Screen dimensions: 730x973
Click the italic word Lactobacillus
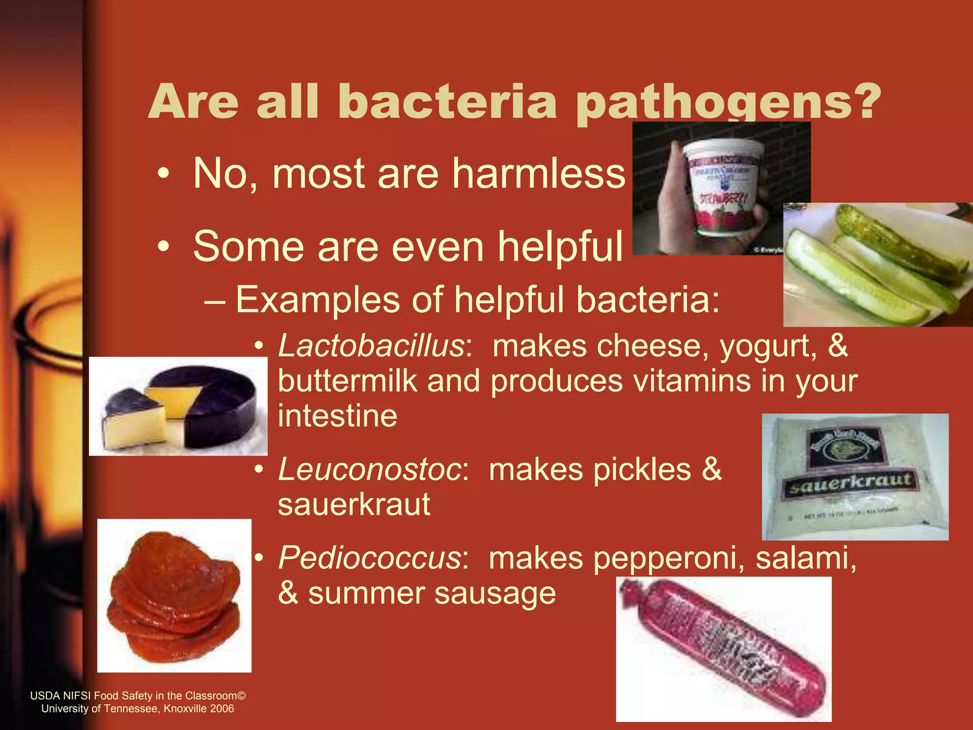tap(371, 346)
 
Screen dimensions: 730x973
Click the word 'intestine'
tap(337, 416)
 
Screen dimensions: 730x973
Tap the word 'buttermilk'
tap(347, 381)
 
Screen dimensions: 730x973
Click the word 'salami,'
tap(806, 557)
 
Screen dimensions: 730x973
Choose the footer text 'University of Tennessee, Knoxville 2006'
tap(138, 709)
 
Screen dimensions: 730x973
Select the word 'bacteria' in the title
tap(447, 102)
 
